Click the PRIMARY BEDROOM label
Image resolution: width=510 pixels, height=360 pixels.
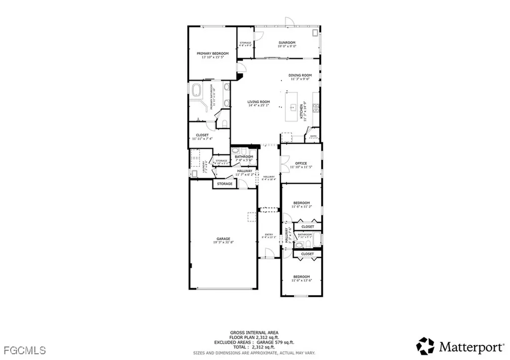pyautogui.click(x=212, y=53)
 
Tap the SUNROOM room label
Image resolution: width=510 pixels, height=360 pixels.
pyautogui.click(x=287, y=43)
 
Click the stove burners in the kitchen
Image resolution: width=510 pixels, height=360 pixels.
pyautogui.click(x=315, y=108)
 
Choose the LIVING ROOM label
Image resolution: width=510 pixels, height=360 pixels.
pyautogui.click(x=258, y=102)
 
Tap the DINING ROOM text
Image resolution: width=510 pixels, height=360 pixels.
pyautogui.click(x=300, y=75)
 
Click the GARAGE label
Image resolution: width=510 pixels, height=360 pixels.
pyautogui.click(x=223, y=239)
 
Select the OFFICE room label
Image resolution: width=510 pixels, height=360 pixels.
pyautogui.click(x=300, y=163)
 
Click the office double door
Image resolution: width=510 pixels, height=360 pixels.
pyautogui.click(x=283, y=164)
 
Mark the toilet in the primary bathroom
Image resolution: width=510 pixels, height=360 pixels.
pyautogui.click(x=224, y=123)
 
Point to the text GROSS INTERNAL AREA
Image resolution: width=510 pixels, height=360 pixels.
pyautogui.click(x=254, y=333)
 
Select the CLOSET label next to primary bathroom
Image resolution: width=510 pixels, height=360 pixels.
pyautogui.click(x=202, y=135)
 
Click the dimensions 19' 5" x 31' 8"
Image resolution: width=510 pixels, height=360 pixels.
pyautogui.click(x=223, y=242)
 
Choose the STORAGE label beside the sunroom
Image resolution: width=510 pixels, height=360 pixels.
pyautogui.click(x=245, y=43)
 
